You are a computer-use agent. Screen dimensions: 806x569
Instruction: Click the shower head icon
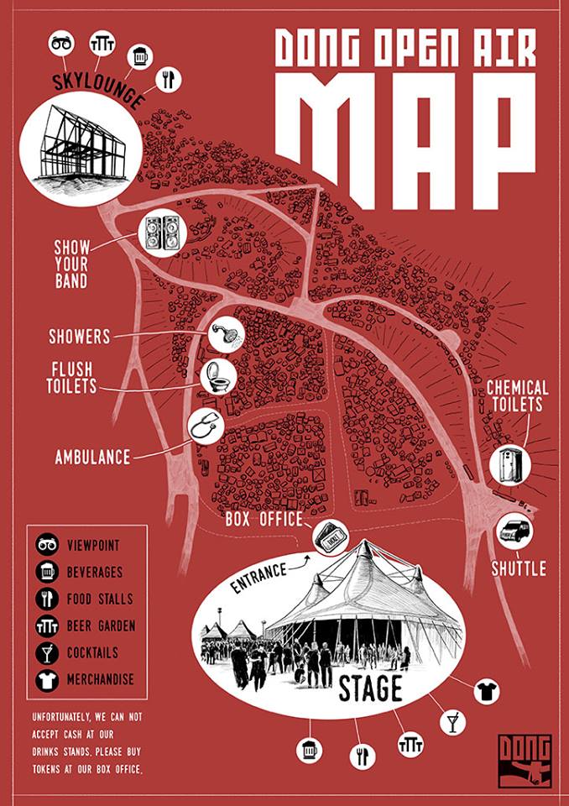coord(224,335)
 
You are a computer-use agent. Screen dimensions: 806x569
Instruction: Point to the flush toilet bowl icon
coord(218,378)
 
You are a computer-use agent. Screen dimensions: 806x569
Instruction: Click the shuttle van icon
coord(514,531)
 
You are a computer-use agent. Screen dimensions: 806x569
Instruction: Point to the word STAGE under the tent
coord(370,689)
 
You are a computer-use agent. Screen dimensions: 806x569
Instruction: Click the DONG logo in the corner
coord(525,760)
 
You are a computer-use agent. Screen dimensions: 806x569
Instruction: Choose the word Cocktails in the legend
coord(92,652)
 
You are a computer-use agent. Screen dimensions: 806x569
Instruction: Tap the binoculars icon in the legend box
coord(46,546)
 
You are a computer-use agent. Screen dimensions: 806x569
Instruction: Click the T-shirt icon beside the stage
coord(485,692)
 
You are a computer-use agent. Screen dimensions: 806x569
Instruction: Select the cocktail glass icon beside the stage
coord(453,721)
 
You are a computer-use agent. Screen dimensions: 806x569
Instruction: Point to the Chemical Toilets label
coord(518,396)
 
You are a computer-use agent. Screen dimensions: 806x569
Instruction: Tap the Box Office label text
coord(264,519)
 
